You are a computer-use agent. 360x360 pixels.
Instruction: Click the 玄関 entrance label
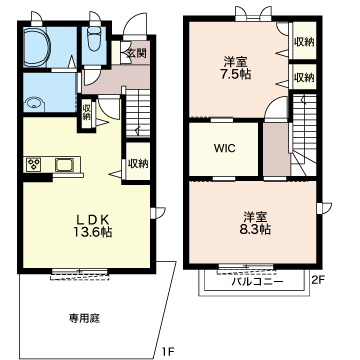click(x=135, y=52)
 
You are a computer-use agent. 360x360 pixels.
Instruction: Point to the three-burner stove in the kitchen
click(x=34, y=164)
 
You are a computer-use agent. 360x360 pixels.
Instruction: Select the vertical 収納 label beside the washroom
click(x=87, y=113)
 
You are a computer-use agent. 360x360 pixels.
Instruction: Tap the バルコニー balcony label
click(x=257, y=282)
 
